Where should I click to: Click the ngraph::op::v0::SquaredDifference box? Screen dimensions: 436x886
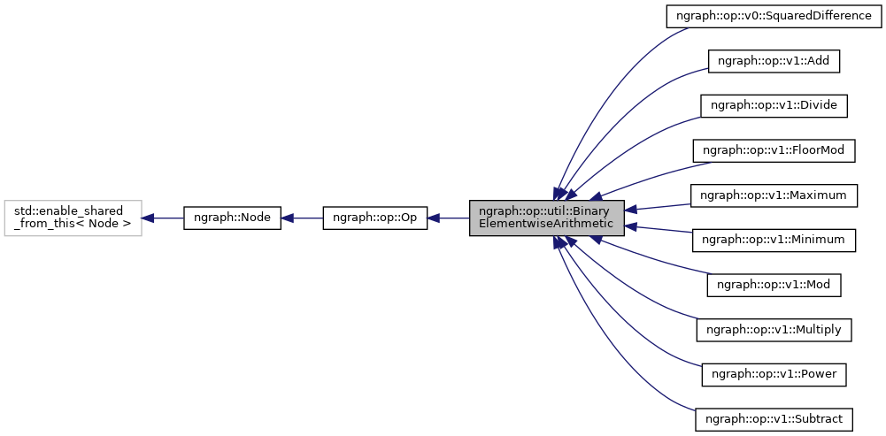774,16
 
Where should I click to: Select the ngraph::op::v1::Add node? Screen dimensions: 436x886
774,61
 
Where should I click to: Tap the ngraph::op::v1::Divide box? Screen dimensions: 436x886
774,105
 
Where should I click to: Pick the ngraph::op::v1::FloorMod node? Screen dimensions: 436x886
774,150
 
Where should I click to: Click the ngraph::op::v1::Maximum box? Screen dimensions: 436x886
774,195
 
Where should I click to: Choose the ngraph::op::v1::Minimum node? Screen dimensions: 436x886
774,240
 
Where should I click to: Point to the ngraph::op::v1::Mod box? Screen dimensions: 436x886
774,285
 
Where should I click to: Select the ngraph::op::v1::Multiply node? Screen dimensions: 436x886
774,330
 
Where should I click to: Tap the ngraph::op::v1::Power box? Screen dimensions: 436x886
774,374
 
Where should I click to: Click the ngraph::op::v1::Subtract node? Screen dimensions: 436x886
774,419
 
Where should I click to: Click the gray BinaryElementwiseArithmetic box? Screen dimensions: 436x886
546,218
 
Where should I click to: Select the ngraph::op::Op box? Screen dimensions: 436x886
374,218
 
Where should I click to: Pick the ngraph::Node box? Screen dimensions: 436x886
232,218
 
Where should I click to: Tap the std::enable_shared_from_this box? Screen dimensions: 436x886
73,218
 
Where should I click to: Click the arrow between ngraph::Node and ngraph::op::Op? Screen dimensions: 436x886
301,218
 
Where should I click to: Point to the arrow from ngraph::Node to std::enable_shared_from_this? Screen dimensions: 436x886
162,218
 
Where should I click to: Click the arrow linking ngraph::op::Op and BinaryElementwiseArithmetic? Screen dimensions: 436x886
448,218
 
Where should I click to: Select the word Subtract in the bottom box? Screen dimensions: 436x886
820,419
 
